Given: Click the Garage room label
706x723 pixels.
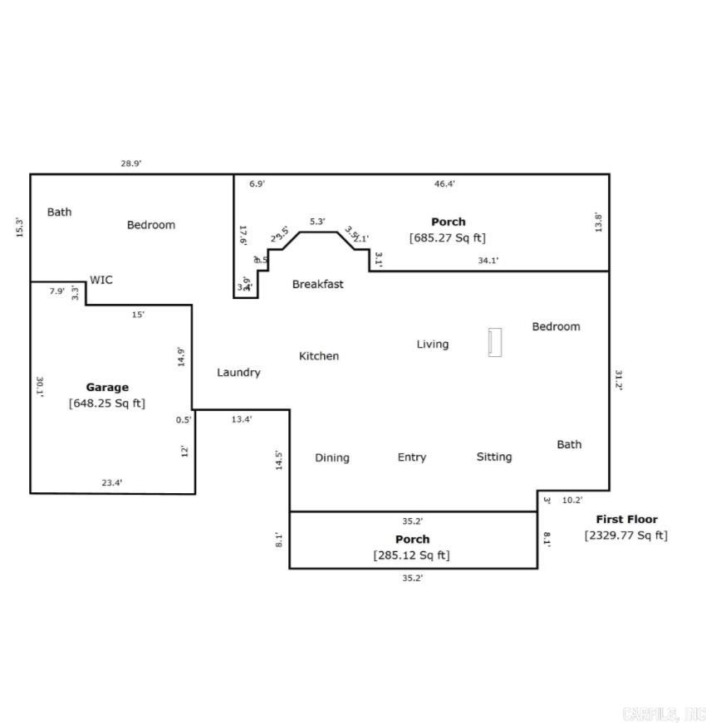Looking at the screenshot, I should click(x=107, y=387).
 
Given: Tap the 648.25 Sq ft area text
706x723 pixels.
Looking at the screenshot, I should click(x=107, y=403).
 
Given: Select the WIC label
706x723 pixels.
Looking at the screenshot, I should click(x=101, y=281).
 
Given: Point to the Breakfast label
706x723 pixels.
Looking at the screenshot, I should click(x=317, y=284).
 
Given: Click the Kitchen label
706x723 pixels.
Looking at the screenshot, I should click(x=319, y=356).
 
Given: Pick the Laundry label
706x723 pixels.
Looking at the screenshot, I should click(x=238, y=373).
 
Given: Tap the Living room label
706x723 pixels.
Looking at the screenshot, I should click(x=433, y=344).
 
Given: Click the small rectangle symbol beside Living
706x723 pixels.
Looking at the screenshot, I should click(x=495, y=342).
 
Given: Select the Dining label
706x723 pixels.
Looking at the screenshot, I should click(x=332, y=457).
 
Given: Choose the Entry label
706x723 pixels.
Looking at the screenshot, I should click(x=412, y=457).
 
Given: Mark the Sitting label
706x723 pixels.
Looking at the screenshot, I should click(x=494, y=457).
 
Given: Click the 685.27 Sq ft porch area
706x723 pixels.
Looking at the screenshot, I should click(x=448, y=238).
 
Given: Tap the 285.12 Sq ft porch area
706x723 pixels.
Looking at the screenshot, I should click(x=412, y=555).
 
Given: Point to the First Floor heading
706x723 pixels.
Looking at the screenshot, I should click(x=626, y=520).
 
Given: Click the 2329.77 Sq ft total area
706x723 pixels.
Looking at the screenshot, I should click(x=626, y=535).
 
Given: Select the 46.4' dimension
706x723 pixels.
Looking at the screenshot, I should click(x=445, y=183).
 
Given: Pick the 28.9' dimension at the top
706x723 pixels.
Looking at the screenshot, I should click(x=131, y=164).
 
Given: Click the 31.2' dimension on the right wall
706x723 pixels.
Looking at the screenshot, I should click(x=619, y=379).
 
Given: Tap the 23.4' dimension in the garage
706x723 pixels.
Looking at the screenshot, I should click(x=112, y=482).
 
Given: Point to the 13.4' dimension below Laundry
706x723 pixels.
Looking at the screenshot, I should click(x=242, y=419).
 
